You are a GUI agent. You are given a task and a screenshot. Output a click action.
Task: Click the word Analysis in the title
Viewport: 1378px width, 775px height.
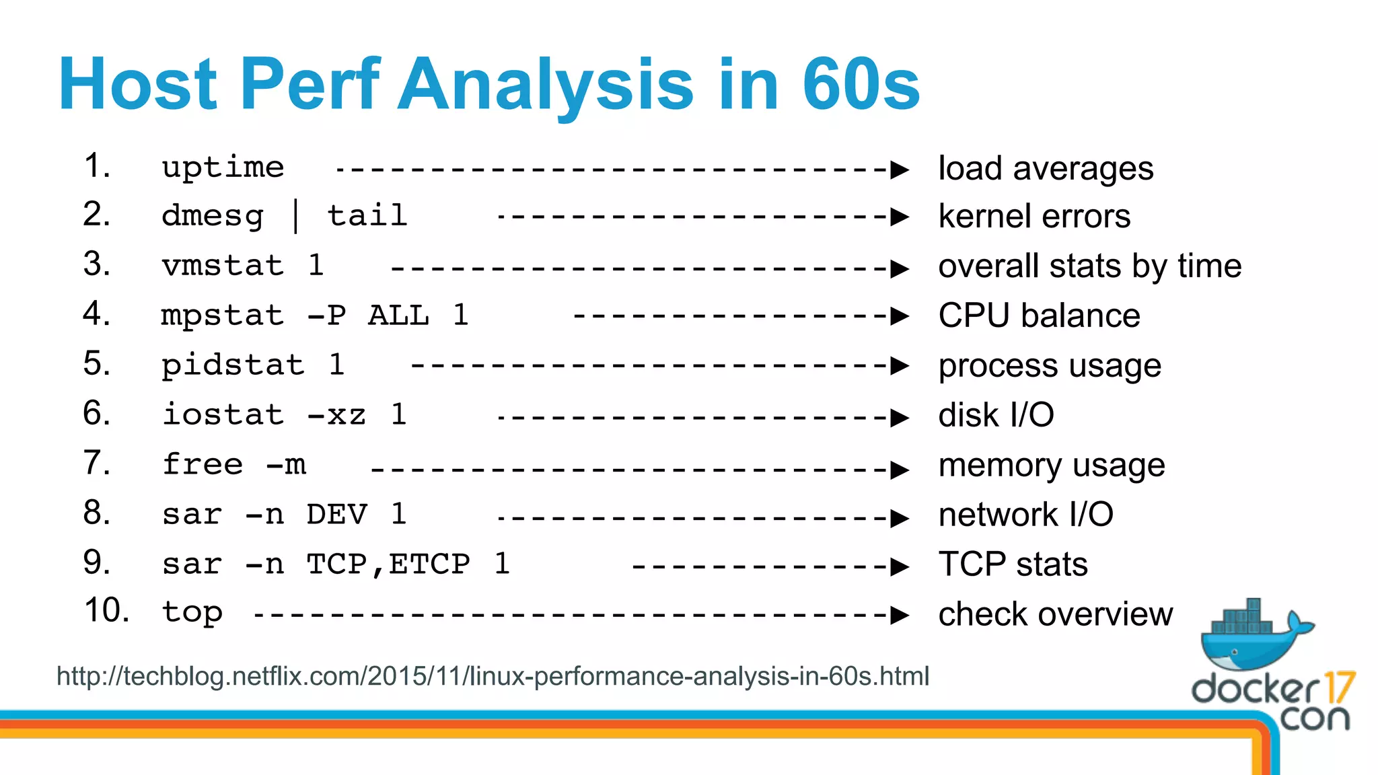(x=545, y=85)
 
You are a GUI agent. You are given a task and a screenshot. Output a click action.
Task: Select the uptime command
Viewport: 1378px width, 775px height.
(x=223, y=167)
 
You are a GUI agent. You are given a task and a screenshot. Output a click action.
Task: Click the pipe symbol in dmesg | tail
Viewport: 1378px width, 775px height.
(x=296, y=217)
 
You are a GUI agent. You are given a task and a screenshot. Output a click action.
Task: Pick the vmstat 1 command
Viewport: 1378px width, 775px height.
(x=243, y=266)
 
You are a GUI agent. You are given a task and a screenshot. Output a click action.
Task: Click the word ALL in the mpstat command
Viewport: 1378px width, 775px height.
(x=398, y=315)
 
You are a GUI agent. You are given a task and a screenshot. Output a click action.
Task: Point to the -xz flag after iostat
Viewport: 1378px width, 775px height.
(x=336, y=415)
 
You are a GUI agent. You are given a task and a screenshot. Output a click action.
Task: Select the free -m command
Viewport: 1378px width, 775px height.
(x=234, y=464)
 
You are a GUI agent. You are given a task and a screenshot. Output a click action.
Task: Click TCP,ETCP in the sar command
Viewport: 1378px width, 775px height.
(x=388, y=564)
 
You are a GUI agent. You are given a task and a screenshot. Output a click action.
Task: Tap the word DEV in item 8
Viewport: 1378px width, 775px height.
(x=336, y=515)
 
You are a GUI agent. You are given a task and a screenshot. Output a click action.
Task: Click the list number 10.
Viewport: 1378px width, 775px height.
(x=106, y=610)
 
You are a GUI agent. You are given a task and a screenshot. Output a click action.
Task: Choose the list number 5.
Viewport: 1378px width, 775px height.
(x=97, y=364)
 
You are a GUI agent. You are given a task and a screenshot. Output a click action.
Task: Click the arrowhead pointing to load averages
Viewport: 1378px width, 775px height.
(x=900, y=170)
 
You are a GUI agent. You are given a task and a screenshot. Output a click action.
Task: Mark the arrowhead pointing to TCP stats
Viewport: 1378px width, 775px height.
(x=900, y=566)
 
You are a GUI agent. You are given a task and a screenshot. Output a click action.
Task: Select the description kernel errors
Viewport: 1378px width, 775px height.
(x=1034, y=217)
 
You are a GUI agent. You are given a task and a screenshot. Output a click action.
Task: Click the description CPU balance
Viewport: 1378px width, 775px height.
(x=1039, y=316)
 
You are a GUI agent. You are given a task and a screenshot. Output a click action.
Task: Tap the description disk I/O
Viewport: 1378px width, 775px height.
(x=996, y=415)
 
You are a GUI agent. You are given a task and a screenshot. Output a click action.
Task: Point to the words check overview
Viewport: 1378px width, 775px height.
(x=1055, y=614)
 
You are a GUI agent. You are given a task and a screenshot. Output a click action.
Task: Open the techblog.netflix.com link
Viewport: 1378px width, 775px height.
(x=493, y=676)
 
